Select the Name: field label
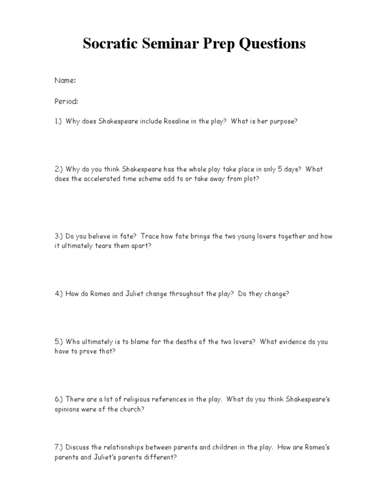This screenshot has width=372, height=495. click(65, 81)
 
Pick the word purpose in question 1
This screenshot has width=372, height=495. click(279, 121)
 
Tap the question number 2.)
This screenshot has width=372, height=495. click(59, 169)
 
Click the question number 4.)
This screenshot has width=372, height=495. click(59, 293)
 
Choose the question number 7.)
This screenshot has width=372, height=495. click(59, 447)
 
